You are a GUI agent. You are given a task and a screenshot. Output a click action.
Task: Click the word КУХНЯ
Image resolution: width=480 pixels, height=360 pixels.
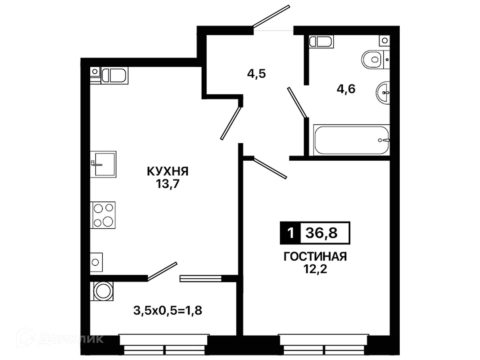168,171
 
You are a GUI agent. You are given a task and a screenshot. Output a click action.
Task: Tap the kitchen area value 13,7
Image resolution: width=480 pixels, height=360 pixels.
168,184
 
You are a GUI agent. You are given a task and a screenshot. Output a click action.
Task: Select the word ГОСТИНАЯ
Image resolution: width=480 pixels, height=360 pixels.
315,257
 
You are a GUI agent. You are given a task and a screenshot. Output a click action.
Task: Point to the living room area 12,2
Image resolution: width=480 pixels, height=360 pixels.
315,269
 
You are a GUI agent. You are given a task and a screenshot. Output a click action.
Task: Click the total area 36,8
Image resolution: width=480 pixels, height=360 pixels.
322,233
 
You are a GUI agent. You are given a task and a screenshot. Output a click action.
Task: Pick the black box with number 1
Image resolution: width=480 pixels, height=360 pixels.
290,233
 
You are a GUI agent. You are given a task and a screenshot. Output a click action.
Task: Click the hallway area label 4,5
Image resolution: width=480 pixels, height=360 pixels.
257,74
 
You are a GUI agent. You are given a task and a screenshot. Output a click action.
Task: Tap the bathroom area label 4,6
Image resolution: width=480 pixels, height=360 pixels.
346,89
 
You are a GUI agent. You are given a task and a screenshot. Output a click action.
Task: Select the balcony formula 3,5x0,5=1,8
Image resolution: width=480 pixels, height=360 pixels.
168,310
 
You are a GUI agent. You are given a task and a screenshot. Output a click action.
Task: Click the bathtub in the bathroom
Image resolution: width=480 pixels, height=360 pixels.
351,140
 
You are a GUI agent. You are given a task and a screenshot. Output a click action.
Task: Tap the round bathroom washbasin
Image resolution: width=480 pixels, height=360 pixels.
383,93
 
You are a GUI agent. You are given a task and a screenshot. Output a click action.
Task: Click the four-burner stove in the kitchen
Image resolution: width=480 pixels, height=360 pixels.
103,215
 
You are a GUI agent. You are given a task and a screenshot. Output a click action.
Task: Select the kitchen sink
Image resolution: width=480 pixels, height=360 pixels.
103,164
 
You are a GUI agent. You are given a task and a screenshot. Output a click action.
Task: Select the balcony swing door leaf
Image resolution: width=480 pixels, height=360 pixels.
162,271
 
